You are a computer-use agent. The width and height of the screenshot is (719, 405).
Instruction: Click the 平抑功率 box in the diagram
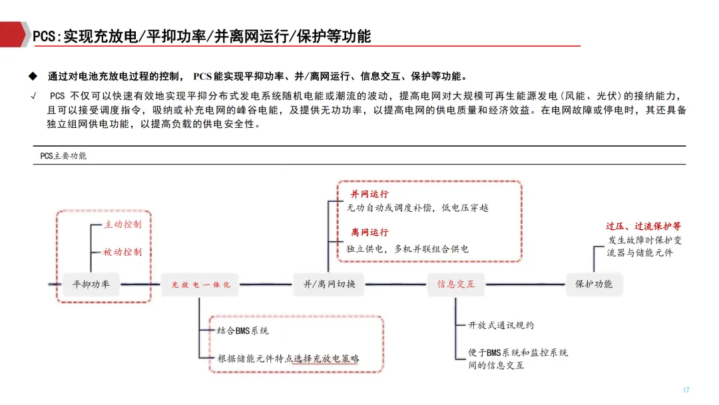point(91,284)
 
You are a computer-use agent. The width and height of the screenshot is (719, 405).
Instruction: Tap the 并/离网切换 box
point(330,284)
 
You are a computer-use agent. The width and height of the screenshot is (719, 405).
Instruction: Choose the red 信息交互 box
point(456,284)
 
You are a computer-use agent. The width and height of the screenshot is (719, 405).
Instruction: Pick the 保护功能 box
point(594,284)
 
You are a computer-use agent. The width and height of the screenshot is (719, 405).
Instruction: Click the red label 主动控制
point(122,224)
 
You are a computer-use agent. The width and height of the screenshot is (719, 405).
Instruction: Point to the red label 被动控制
point(122,252)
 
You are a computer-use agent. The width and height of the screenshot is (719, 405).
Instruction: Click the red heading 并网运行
point(369,195)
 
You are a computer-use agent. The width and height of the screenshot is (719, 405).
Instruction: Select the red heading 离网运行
point(369,232)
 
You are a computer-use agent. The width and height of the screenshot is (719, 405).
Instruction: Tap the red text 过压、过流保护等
point(643,226)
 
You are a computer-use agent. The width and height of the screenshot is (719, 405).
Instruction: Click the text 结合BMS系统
point(243,330)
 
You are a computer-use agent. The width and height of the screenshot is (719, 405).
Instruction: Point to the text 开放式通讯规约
point(501,325)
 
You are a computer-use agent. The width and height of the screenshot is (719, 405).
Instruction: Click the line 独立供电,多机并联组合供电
point(407,248)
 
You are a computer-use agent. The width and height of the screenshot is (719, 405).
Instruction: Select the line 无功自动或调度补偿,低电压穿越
point(417,208)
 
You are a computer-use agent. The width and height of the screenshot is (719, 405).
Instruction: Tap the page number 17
point(686,390)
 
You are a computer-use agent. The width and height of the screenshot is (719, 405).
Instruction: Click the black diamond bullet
point(32,76)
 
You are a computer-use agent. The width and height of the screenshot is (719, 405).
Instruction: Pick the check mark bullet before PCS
point(33,95)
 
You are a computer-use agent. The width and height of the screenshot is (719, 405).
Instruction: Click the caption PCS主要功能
point(63,156)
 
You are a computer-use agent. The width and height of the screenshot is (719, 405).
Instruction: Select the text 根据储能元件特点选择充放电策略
point(288,358)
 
